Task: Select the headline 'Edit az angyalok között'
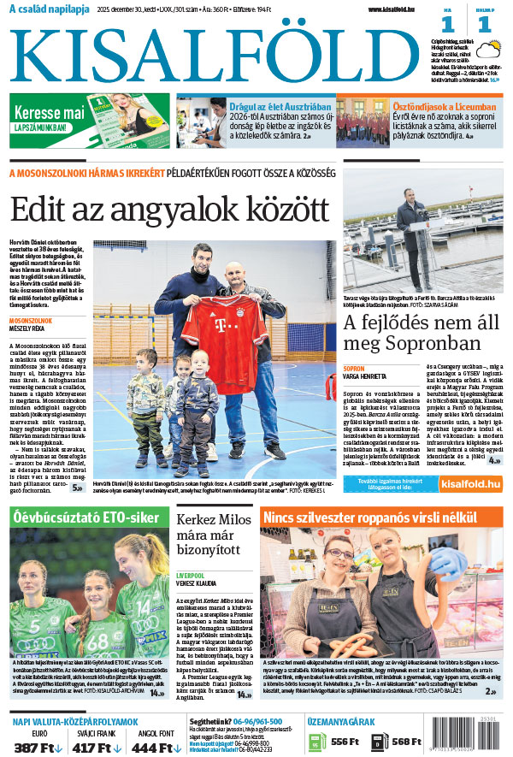pos(169,210)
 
